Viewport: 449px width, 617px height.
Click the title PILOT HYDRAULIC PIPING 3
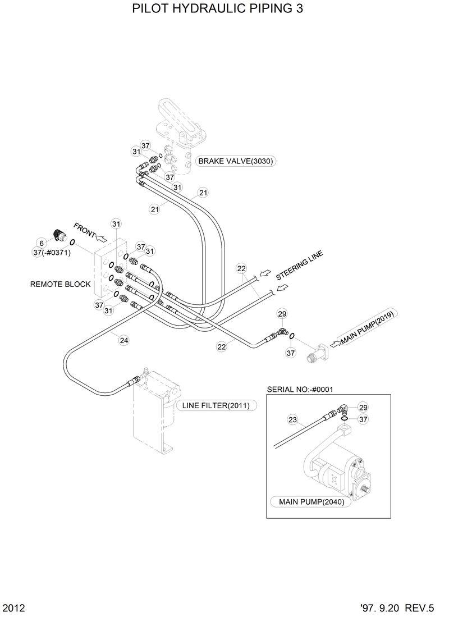point(213,10)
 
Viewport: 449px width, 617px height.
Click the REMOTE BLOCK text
point(60,284)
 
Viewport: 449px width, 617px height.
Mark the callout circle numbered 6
point(41,243)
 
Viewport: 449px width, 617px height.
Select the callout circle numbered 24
point(123,340)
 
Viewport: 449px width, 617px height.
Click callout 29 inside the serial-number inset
point(363,407)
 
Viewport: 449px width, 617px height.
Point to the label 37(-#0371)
point(52,253)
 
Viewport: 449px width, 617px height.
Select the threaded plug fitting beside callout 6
point(58,235)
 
